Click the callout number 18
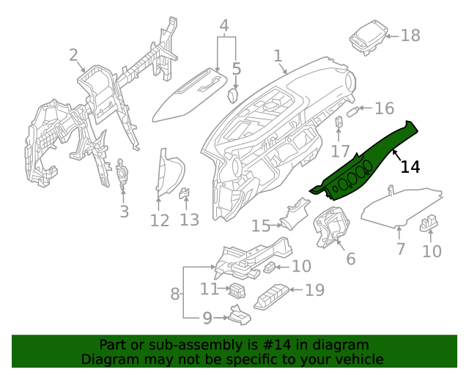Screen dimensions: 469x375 (410, 34)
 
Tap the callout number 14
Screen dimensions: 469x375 (410, 167)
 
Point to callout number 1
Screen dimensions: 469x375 (278, 56)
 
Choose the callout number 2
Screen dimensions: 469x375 (73, 55)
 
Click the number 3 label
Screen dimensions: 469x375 (124, 212)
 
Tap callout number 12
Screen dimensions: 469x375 (159, 220)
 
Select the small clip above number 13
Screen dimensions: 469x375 (185, 193)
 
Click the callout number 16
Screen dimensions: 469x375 (384, 109)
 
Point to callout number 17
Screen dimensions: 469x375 (340, 152)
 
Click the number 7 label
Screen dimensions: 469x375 (400, 250)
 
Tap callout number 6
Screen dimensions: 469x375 (350, 259)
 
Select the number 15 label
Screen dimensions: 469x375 (261, 226)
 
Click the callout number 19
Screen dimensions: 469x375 (314, 291)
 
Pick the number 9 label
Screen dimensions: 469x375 (207, 318)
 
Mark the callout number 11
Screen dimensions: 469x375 (210, 289)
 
